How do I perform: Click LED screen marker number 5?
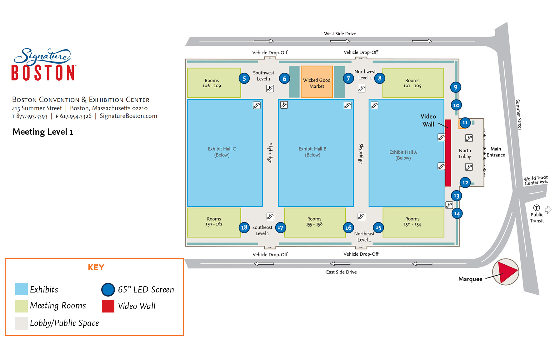tap(244, 78)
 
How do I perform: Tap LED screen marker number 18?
tap(244, 227)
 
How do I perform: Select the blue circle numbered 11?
tap(465, 122)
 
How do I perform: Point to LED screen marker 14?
tap(457, 214)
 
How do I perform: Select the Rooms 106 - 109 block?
tap(213, 83)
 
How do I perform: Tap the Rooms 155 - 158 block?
tap(314, 222)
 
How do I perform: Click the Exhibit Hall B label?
tap(312, 149)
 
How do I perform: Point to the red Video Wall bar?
tap(448, 153)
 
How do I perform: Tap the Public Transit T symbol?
tap(537, 208)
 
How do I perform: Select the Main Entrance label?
tap(496, 152)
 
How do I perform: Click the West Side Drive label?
tap(340, 33)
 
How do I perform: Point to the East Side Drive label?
tap(341, 272)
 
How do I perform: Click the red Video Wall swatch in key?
tap(108, 306)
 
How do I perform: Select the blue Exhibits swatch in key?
tap(22, 289)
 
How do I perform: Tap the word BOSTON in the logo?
tap(43, 73)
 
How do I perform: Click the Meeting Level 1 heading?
tap(43, 132)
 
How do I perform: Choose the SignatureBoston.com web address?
tap(128, 116)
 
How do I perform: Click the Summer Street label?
tap(518, 114)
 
